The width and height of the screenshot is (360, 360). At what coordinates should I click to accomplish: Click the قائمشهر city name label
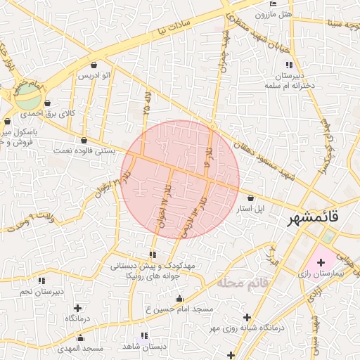[x=313, y=219]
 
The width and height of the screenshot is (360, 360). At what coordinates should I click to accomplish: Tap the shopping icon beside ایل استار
[x=251, y=198]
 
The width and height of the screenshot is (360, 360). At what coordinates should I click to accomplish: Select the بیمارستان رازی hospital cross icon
[x=321, y=262]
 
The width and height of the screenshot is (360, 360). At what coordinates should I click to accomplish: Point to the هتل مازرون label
[x=274, y=15]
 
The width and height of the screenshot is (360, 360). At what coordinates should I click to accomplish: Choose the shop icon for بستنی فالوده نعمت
[x=84, y=140]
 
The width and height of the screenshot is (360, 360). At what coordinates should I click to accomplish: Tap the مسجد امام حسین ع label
[x=179, y=309]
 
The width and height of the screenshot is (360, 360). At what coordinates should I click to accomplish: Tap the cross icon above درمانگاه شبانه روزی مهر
[x=246, y=316]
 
